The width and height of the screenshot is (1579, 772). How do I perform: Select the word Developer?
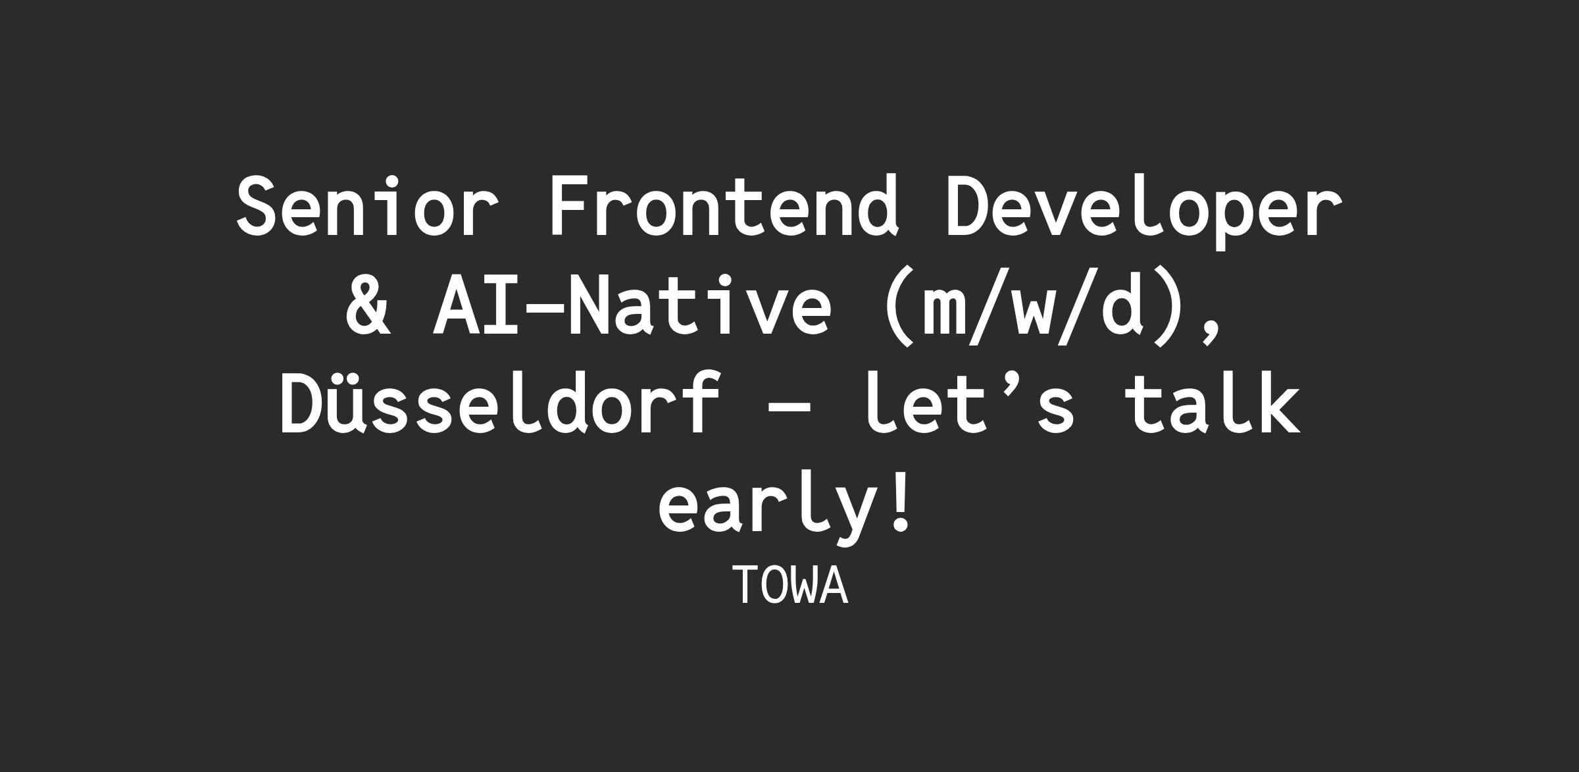[x=1143, y=211]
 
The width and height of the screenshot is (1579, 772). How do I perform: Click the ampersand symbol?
[x=368, y=305]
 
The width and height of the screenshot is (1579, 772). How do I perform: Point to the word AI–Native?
[x=632, y=305]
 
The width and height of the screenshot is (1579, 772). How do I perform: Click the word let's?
[x=969, y=403]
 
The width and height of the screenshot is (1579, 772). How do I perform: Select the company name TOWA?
[x=790, y=585]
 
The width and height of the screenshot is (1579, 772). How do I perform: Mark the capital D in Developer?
[x=968, y=205]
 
